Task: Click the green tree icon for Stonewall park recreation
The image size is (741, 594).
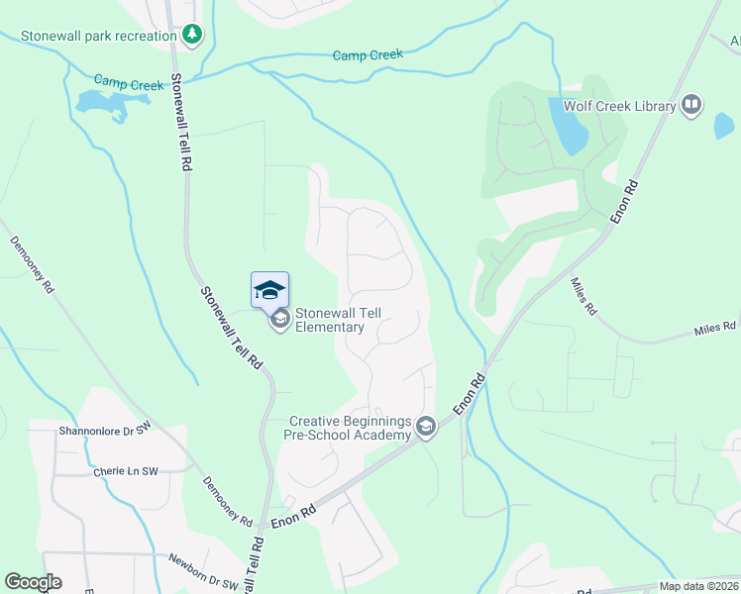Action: coord(192,36)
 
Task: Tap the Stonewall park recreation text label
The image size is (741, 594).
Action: coord(92,36)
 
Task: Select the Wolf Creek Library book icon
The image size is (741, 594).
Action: coord(691,105)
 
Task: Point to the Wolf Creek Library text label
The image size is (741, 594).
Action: coord(619,106)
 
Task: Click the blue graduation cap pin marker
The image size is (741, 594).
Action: coord(269,290)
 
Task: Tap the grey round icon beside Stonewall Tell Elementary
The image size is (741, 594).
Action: coord(280,319)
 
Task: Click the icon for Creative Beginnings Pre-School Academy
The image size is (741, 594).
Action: coord(426,428)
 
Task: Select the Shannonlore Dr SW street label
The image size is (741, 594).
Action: coord(104,430)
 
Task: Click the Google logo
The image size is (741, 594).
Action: coord(33,582)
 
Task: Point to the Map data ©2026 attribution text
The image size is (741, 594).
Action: coord(698,586)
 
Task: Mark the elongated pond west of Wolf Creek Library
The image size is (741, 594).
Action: coord(567,127)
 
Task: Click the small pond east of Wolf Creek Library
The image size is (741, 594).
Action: coord(724,126)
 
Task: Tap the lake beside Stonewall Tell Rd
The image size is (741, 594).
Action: coord(99,103)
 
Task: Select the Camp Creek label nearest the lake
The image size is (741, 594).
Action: coord(129,83)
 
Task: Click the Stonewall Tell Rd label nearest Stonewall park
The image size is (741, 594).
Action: coord(180,123)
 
